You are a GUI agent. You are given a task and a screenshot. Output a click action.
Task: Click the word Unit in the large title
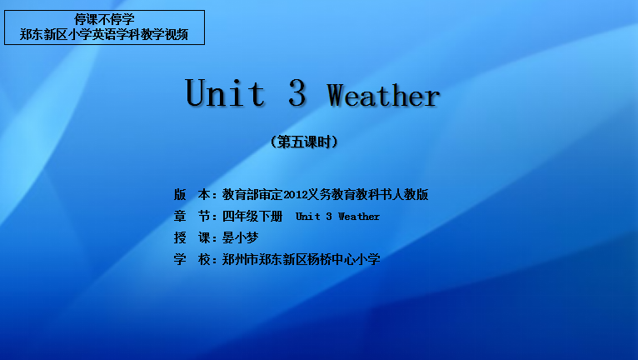click(225, 92)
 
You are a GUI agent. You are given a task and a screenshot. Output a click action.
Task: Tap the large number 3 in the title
click(297, 92)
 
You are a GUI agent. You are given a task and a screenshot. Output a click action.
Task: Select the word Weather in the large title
click(383, 95)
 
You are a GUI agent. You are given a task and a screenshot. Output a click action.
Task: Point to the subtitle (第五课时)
click(304, 142)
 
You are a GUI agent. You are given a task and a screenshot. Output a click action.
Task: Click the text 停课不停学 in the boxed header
click(104, 19)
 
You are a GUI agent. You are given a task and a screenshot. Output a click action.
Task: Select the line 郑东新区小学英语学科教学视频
click(104, 35)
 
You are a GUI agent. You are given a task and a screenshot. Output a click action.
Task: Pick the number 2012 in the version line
click(296, 195)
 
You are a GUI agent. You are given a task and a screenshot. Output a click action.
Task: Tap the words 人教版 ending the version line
click(410, 195)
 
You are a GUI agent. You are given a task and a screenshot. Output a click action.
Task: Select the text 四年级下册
click(252, 216)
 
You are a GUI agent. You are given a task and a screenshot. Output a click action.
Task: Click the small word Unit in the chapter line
click(308, 217)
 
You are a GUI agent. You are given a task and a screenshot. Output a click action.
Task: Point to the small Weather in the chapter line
click(359, 217)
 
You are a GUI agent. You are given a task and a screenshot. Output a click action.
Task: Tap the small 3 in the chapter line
click(329, 217)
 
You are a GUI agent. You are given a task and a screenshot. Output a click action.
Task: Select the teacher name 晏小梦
click(240, 237)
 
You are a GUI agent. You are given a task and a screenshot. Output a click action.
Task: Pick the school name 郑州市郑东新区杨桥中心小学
click(302, 259)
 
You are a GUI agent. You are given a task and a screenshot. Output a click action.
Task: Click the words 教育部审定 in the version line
click(252, 195)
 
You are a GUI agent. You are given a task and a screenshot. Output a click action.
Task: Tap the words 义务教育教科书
click(350, 195)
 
